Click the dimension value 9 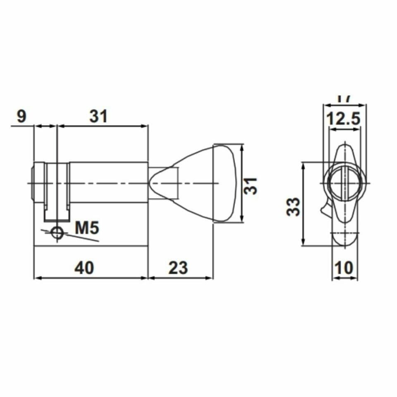pos(21,117)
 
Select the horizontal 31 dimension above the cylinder pos(98,117)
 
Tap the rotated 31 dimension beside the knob pos(250,186)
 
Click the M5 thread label pos(87,227)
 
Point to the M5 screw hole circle pos(57,233)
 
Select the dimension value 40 pos(84,268)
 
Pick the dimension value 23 pos(178,268)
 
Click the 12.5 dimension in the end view pos(344,119)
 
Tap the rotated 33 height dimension pos(294,206)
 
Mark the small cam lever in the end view pos(325,209)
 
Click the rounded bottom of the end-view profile pos(344,240)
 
